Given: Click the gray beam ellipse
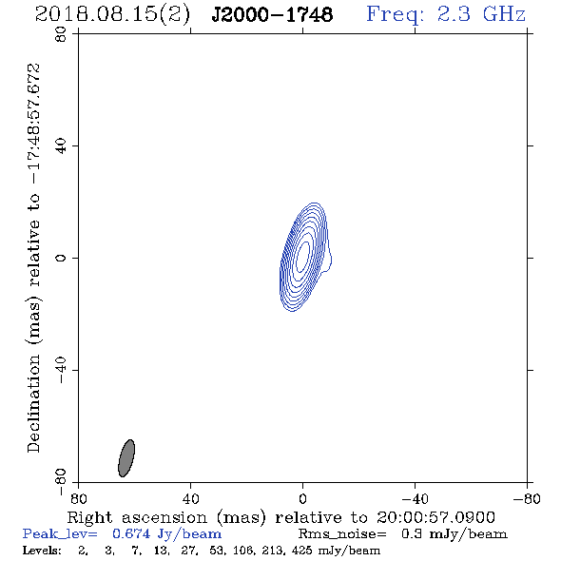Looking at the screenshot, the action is coord(126,458).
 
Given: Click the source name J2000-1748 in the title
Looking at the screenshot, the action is coord(272,14).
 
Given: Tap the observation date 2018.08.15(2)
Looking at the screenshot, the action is coord(112,14).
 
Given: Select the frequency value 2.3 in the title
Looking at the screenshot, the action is coord(454,14).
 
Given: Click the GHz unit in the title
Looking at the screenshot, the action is coord(505,14).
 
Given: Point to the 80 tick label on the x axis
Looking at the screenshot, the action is coord(78,499).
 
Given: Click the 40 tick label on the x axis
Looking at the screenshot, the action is coord(190,499).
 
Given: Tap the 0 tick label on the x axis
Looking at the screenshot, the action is coord(302,499).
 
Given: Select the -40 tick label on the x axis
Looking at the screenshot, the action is coord(415,499).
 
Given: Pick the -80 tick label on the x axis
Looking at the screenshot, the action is coord(527,499).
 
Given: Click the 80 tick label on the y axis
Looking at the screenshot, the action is coord(61,34).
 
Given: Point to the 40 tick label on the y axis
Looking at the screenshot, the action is coord(61,146).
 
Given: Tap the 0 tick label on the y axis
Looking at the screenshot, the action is coord(61,258).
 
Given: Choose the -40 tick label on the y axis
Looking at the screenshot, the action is coord(61,370).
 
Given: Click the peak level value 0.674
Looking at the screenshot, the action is coord(131,533).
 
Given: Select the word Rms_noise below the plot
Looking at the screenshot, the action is coord(342,534).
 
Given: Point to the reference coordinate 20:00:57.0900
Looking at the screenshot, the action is coord(435,517).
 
